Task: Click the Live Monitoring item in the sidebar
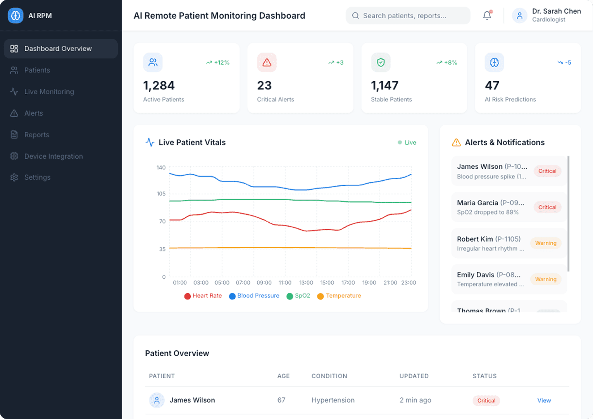(x=49, y=92)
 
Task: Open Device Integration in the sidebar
(x=53, y=156)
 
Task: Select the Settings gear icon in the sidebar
(x=14, y=177)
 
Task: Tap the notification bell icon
(x=487, y=16)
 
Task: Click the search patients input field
(x=408, y=16)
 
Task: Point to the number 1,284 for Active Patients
(x=159, y=85)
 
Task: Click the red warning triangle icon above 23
(x=267, y=62)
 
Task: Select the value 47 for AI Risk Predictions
(x=492, y=85)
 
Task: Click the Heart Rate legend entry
(x=203, y=296)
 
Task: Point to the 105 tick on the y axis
(x=161, y=194)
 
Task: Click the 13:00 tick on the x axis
(x=306, y=283)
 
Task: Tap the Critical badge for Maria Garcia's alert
(x=547, y=207)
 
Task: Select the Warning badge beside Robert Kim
(x=546, y=243)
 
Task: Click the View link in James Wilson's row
(x=544, y=400)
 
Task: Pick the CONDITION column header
(x=329, y=376)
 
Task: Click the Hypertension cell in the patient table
(x=333, y=400)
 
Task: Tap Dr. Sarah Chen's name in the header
(x=556, y=11)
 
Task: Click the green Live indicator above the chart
(x=407, y=142)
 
